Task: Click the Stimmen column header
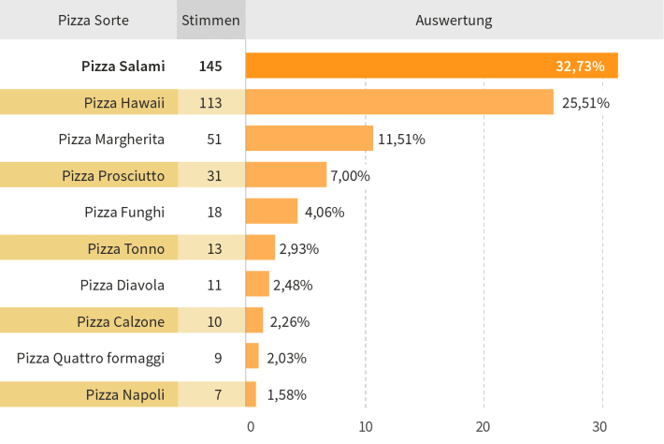[x=210, y=21]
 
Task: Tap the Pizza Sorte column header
[x=94, y=21]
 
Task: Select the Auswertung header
[x=454, y=21]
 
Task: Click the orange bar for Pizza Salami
[x=431, y=66]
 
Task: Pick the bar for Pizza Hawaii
[x=399, y=102]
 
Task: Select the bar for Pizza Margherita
[x=310, y=139]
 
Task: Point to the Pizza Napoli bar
[x=251, y=394]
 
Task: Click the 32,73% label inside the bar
[x=580, y=67]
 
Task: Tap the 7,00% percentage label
[x=350, y=175]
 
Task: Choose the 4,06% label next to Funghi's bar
[x=325, y=212]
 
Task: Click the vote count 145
[x=210, y=67]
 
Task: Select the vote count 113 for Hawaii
[x=210, y=103]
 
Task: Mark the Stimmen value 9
[x=218, y=359]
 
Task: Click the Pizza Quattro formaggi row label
[x=91, y=359]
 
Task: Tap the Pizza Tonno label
[x=125, y=248]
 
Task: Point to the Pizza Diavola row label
[x=122, y=285]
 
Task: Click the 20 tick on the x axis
[x=483, y=426]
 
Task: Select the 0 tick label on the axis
[x=251, y=426]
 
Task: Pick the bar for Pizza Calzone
[x=254, y=320]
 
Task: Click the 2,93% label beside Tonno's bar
[x=299, y=249]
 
